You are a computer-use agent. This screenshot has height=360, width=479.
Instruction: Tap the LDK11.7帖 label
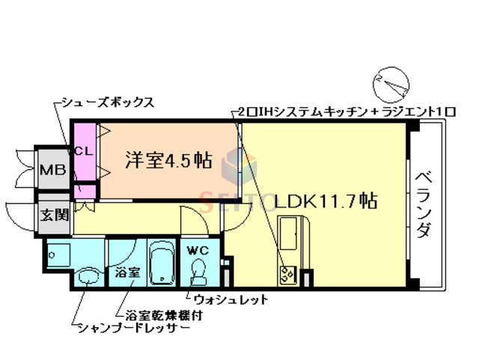(x=324, y=201)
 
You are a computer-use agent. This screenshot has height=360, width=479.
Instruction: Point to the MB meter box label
(x=53, y=169)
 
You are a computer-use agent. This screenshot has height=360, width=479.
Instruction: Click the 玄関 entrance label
(x=54, y=216)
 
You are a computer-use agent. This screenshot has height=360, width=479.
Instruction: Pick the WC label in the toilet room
(x=197, y=249)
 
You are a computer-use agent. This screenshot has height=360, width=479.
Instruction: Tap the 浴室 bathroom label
(x=127, y=272)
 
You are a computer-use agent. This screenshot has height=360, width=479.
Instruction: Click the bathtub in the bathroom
(x=161, y=263)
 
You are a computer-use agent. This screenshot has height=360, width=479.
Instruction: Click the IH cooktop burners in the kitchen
(x=287, y=274)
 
